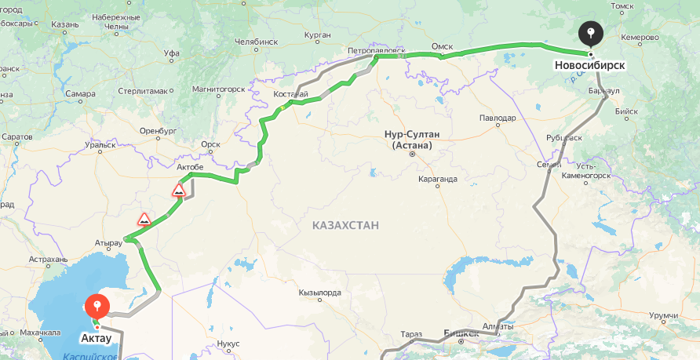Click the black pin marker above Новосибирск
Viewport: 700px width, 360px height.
pos(591,33)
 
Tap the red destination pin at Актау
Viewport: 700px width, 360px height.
pos(97,304)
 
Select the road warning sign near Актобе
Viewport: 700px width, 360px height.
pos(179,191)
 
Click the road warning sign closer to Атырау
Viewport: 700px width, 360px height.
pos(144,219)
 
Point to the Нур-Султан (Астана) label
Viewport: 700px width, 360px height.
pos(412,139)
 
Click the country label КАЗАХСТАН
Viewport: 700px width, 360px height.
pos(345,225)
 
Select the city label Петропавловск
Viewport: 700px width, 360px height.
pos(376,50)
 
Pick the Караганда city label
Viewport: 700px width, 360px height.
pos(437,178)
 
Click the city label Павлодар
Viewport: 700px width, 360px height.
pos(498,118)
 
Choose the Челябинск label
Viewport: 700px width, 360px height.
pos(256,41)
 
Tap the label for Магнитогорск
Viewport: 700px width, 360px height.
pos(217,91)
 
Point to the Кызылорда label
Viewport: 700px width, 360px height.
pos(319,293)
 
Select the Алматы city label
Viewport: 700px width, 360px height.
pos(498,325)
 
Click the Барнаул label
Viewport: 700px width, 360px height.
pos(603,91)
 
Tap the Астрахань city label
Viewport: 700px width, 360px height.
pos(49,259)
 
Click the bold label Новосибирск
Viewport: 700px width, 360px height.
pos(589,65)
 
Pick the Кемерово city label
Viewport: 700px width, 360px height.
pos(642,37)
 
